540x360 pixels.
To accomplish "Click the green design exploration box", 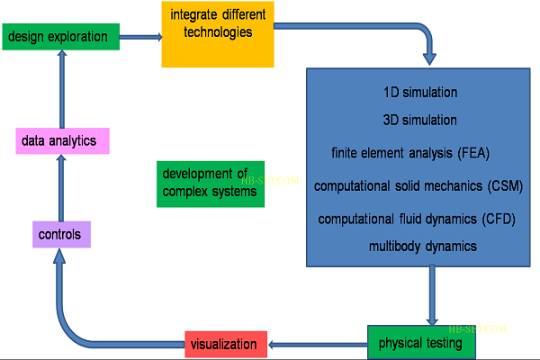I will [x=60, y=37].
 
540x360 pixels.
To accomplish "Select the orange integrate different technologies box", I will [x=218, y=34].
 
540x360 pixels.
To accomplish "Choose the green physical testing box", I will [x=420, y=343].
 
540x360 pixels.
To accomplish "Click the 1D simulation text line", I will [x=420, y=93].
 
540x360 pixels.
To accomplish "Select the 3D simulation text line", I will [x=420, y=120].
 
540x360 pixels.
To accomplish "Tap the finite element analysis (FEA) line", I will [x=410, y=152].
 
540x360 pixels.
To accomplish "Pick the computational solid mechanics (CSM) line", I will [x=418, y=186].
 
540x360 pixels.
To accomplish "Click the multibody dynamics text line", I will [x=422, y=245].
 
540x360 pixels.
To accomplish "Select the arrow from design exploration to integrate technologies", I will [x=139, y=37].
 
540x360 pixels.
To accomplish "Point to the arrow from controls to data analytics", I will [x=59, y=187].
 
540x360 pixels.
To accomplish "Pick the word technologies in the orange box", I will [x=216, y=32].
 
